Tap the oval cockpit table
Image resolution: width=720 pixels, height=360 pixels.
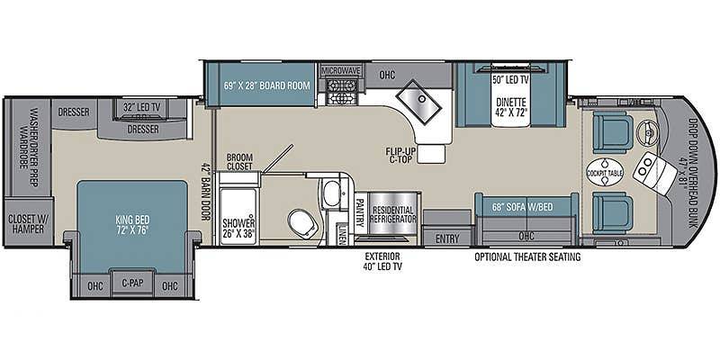(605, 172)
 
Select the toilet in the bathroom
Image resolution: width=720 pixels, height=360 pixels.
(302, 222)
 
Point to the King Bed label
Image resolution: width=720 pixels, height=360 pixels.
(133, 224)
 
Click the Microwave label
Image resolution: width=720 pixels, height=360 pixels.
(341, 71)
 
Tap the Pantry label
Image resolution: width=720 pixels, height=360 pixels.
(360, 212)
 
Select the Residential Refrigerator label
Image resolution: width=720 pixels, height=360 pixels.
(392, 213)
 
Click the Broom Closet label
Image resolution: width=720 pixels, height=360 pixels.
(239, 162)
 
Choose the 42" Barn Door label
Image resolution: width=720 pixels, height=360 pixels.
(205, 192)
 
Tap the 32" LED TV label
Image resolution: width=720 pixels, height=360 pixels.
(142, 107)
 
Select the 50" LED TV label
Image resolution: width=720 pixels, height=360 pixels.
(510, 80)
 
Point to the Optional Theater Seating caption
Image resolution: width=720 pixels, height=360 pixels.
(527, 257)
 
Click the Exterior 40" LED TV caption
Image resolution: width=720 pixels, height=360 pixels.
(383, 261)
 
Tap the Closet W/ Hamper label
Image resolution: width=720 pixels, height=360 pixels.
(26, 223)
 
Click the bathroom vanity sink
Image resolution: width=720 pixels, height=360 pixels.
(329, 193)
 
